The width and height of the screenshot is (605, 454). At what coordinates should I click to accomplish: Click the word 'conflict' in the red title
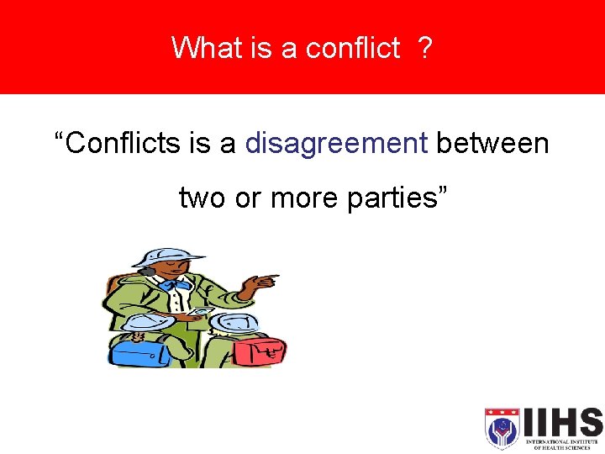pos(352,49)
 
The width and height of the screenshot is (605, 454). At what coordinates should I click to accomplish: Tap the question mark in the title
pos(424,49)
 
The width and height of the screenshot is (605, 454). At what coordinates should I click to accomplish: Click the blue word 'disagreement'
pos(336,144)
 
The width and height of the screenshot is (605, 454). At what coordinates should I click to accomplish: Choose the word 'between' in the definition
pos(492,144)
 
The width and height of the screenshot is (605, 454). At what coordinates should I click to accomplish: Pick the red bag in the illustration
pos(260,347)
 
